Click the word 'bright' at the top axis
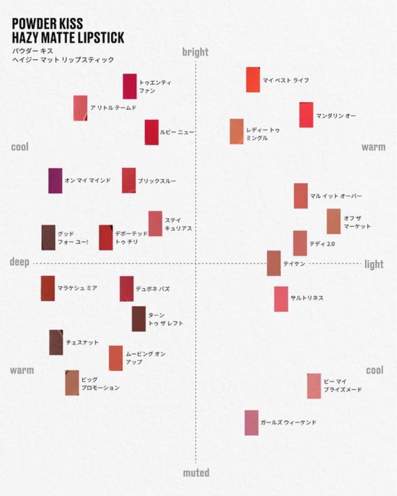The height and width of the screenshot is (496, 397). tap(195, 52)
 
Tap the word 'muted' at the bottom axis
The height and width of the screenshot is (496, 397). tap(196, 473)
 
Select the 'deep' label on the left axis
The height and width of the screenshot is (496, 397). tap(19, 262)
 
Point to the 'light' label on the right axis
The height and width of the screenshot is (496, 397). tap(374, 264)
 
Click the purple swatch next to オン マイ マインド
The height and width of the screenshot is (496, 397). tap(55, 180)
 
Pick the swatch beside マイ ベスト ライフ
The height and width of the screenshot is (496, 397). tap(253, 79)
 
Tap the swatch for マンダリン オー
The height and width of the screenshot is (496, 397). tap(306, 115)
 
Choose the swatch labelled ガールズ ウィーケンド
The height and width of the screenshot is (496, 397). tap(252, 423)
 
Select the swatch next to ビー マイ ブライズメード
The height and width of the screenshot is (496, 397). tap(314, 386)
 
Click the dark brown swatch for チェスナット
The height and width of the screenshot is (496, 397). tap(56, 342)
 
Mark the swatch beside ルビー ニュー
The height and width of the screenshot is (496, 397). tap(151, 132)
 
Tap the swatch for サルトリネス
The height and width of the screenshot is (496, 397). tap(281, 299)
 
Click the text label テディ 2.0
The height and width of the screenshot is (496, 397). tap(322, 244)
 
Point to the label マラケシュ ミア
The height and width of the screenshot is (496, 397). tap(77, 288)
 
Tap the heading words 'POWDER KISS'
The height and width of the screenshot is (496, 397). tap(48, 24)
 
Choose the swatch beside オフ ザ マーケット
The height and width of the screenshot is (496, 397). tap(334, 221)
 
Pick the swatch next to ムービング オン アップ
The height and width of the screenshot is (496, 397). tap(116, 358)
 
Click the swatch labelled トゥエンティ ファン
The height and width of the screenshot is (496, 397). tap(129, 86)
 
